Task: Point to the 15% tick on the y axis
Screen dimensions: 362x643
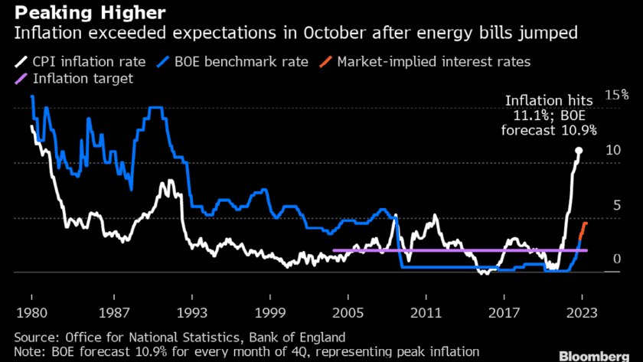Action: tap(616, 95)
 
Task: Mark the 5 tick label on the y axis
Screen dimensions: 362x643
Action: tap(609, 205)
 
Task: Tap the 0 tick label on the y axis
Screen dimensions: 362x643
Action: tap(609, 260)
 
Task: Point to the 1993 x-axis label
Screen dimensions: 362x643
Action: tap(190, 313)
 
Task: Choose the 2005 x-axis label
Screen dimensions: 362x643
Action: tap(348, 313)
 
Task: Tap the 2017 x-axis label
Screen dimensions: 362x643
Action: tap(504, 313)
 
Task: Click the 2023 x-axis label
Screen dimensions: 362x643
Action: tap(583, 313)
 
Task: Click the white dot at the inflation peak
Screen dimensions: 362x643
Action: tap(579, 151)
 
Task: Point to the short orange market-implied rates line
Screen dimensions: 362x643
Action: tap(583, 230)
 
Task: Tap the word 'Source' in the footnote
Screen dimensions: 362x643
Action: tap(35, 336)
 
